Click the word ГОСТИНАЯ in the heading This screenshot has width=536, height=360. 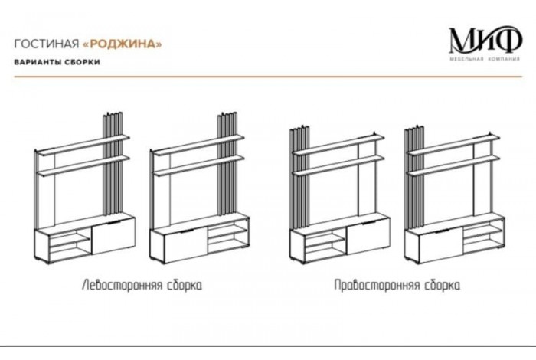point(45,43)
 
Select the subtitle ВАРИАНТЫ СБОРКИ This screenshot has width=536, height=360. point(57,62)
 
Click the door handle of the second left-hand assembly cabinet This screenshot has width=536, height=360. point(186,229)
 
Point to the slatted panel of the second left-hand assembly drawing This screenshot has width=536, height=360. point(227,165)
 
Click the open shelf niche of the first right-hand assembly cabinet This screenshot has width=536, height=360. point(325,244)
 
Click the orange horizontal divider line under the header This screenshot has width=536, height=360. point(268,77)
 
